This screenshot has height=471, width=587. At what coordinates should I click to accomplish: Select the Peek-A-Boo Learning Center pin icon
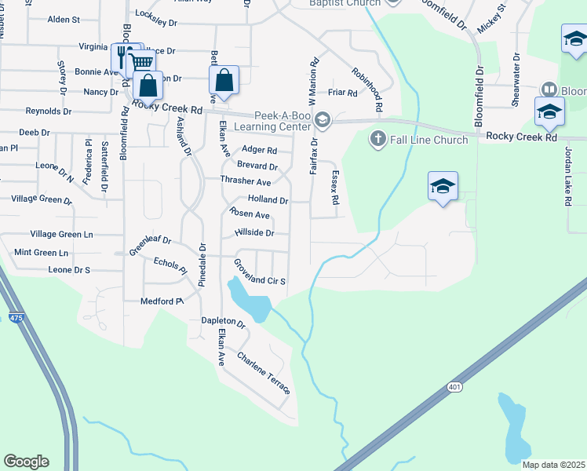[x=323, y=120]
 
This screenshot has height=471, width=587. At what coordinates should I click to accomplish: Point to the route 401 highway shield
[x=455, y=387]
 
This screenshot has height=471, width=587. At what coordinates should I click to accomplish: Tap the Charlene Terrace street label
[x=264, y=374]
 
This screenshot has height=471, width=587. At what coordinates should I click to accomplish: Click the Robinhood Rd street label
[x=366, y=88]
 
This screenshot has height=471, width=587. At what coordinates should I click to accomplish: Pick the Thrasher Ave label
[x=245, y=181]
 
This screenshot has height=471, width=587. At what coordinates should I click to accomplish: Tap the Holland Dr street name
[x=268, y=200]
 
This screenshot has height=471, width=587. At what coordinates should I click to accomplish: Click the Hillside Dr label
[x=253, y=233]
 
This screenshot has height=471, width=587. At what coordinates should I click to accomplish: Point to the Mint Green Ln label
[x=41, y=253]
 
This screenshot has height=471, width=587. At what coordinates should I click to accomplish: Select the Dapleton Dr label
[x=224, y=321]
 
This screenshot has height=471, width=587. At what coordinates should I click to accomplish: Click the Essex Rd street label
[x=335, y=188]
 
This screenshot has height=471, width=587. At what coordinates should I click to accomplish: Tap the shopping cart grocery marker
[x=140, y=63]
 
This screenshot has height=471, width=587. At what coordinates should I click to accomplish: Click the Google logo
[x=26, y=462]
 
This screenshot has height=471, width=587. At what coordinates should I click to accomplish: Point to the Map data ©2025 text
[x=552, y=465]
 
